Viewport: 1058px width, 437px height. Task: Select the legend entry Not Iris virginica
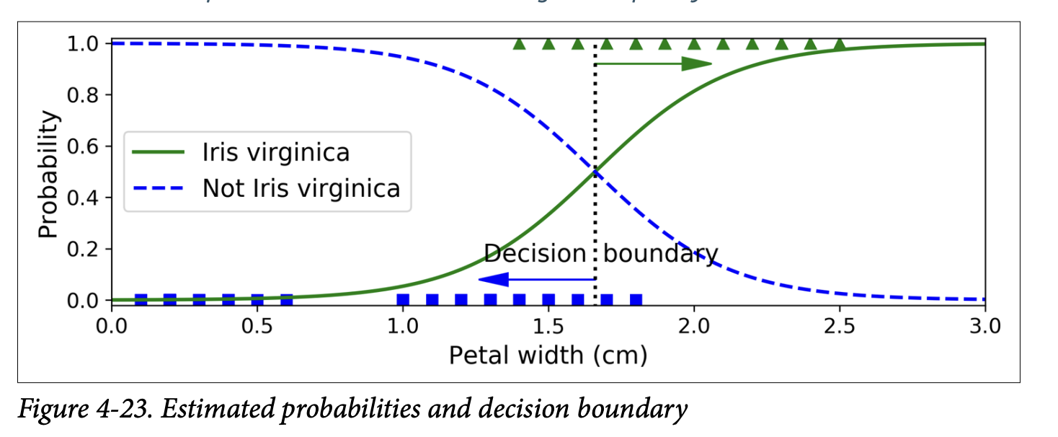[x=301, y=188]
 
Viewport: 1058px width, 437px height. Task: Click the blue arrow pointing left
[x=536, y=279]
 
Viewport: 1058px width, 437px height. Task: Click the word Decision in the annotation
[x=535, y=254]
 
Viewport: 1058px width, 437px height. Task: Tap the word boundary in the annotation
[x=660, y=254]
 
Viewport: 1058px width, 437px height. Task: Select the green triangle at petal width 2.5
[x=839, y=45]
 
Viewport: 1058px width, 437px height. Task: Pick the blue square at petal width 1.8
[x=636, y=299]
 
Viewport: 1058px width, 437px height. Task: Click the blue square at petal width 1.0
[x=403, y=299]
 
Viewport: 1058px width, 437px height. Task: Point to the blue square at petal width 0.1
[x=141, y=299]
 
